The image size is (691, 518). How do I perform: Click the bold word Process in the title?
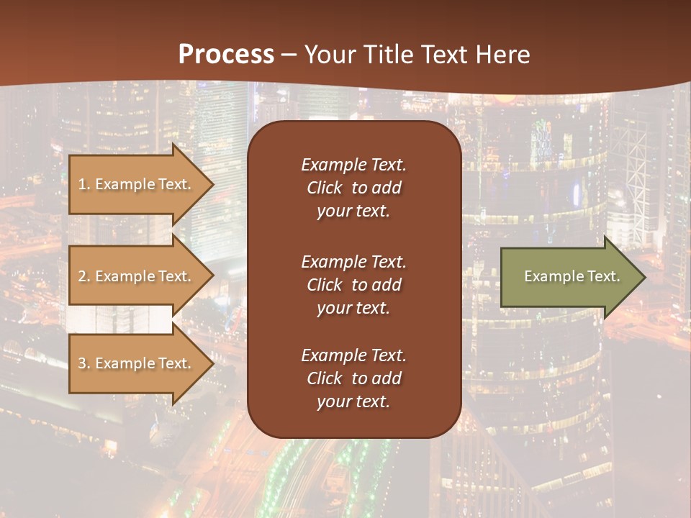click(226, 55)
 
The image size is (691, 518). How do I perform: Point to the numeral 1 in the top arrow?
click(82, 184)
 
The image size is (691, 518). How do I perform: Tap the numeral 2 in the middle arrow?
click(82, 276)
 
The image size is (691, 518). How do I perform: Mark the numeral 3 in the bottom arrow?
click(82, 363)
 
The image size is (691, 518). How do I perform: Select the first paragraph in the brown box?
click(353, 188)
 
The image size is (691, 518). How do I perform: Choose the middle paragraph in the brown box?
click(353, 285)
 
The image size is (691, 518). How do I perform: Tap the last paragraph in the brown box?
click(353, 378)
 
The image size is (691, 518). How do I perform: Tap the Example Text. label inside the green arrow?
click(572, 276)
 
